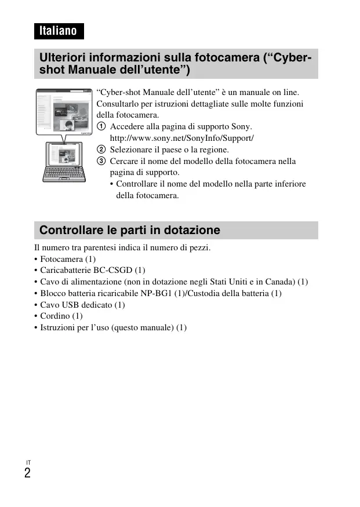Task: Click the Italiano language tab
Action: [59, 31]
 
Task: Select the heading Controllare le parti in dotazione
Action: [130, 230]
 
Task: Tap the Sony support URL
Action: [182, 138]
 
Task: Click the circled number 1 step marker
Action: [101, 127]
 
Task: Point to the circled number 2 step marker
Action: [101, 149]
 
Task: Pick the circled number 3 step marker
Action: [101, 161]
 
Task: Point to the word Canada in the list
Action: [281, 282]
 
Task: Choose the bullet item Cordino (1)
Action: [61, 316]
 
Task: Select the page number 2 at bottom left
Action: [27, 473]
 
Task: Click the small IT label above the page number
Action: [28, 462]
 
